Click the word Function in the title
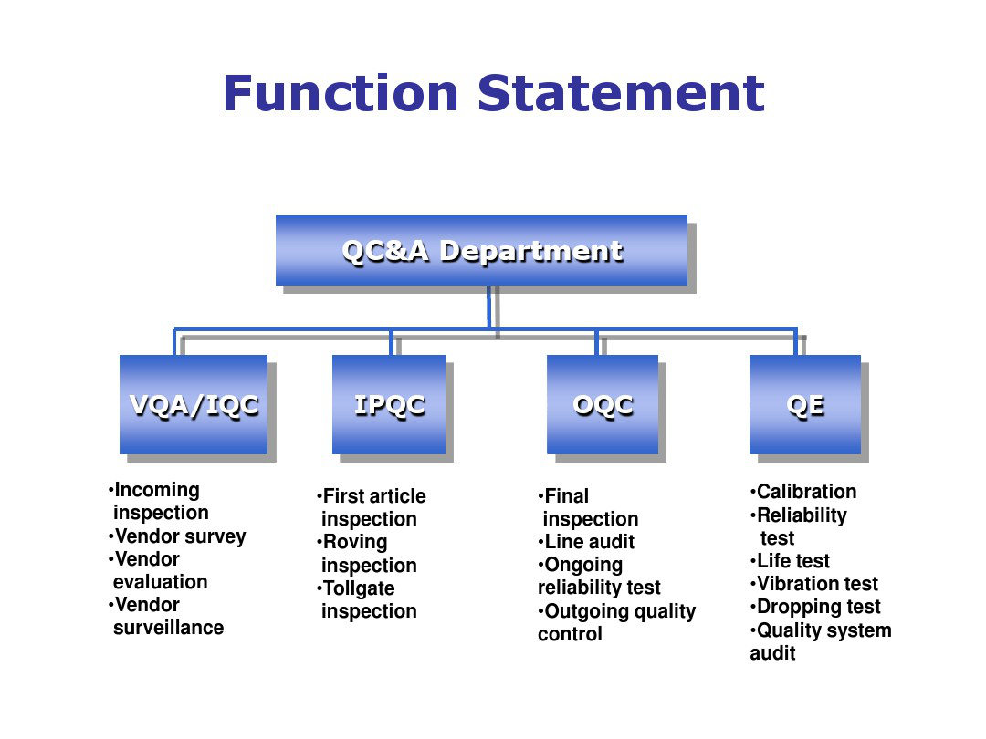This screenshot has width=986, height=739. point(341,93)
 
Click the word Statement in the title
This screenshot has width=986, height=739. point(621,93)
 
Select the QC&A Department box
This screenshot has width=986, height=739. point(481,251)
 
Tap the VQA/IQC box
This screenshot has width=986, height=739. point(194,405)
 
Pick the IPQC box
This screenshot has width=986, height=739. point(389,405)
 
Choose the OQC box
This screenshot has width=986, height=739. point(603,405)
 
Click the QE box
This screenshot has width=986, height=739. point(805,405)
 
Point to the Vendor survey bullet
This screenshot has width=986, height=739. point(177,536)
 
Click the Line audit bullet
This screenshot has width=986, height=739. point(586,542)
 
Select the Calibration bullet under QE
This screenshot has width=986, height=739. point(803,492)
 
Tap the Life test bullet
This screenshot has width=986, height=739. point(790,560)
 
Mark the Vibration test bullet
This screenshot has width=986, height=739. point(813,584)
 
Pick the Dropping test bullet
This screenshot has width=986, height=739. point(815,607)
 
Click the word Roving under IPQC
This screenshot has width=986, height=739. point(355,542)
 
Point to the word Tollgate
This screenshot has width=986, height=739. point(359,588)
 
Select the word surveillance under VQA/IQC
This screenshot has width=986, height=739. point(169,628)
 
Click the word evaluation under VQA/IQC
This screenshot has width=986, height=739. point(161,582)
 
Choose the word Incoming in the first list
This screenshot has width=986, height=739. point(157,490)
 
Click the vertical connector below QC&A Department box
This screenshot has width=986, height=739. point(489,307)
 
